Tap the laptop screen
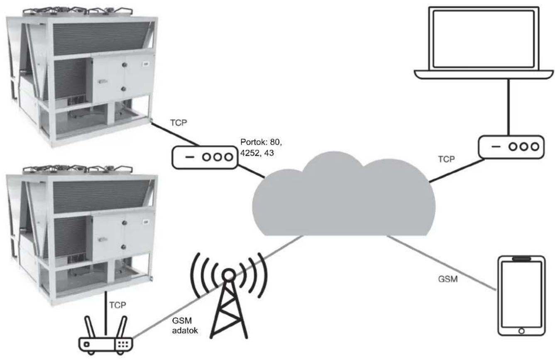484,39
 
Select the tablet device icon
521,296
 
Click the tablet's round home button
521,331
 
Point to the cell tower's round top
228,275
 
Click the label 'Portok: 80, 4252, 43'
261,148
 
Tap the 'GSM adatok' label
185,326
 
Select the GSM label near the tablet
448,279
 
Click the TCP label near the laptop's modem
446,159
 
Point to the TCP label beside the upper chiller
178,122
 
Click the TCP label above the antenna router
118,305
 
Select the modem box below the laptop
511,147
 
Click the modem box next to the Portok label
205,157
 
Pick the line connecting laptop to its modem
508,107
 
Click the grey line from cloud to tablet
442,263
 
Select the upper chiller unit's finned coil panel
102,38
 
